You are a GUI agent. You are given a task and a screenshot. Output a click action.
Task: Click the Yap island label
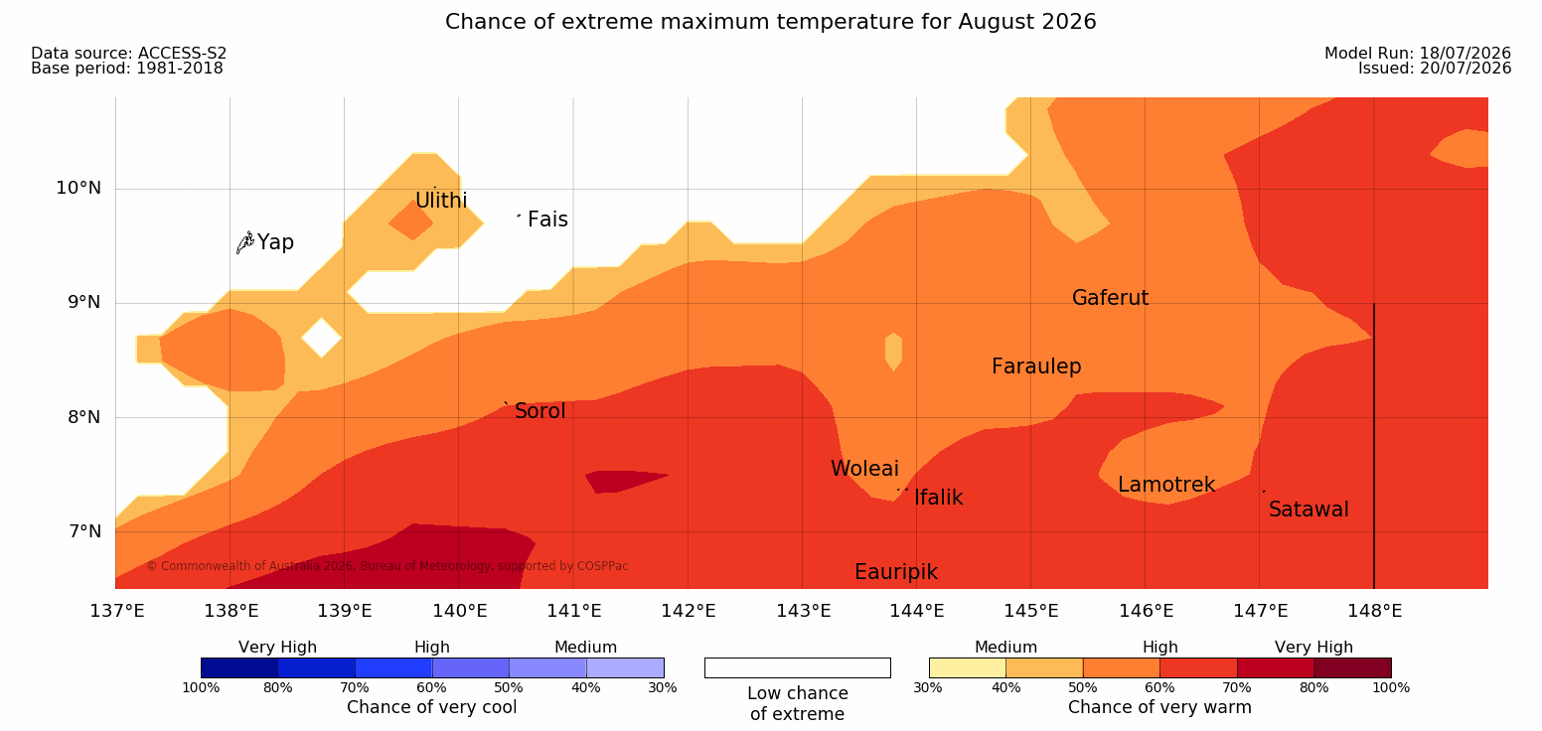pos(275,242)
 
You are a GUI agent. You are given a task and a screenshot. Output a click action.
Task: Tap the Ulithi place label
pos(441,201)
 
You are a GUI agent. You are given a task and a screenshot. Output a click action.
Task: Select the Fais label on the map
pos(548,219)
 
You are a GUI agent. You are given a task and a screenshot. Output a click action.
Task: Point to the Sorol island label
pos(540,411)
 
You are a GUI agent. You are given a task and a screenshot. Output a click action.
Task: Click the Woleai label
pos(864,469)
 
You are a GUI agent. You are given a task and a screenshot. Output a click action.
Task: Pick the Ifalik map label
pos(938,497)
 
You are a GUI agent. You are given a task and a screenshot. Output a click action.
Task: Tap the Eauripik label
pos(896,572)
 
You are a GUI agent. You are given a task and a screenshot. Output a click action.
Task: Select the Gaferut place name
pos(1111,298)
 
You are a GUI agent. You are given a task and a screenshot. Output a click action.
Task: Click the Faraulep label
pos(1036,366)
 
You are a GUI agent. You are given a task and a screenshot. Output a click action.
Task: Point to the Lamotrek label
pos(1166,485)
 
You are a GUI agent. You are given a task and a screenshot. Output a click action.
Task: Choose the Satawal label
pos(1309,510)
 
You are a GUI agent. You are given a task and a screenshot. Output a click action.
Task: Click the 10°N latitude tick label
pos(78,188)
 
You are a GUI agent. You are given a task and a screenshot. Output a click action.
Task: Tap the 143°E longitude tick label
pos(804,611)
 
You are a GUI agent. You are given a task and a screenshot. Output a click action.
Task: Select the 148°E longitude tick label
pos(1375,611)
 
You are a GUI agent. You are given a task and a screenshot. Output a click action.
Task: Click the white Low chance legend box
pos(797,667)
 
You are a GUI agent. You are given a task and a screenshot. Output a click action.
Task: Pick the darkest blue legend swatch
pos(239,667)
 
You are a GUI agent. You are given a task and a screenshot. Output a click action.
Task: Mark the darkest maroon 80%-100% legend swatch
pos(1352,667)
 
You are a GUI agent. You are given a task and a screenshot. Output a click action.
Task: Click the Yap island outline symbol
pos(245,243)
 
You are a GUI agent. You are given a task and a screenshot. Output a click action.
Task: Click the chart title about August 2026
pos(770,22)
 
